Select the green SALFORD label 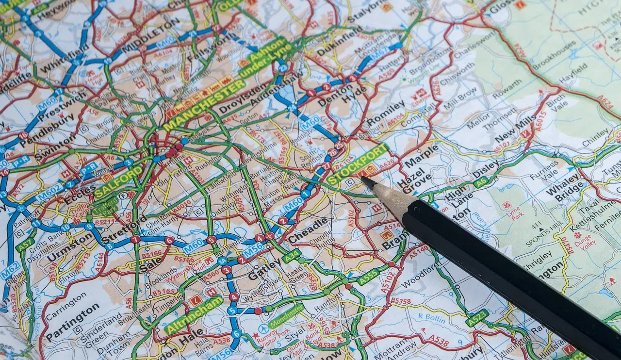coord(118,181)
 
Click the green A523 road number coord(477,318)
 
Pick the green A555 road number coord(368,277)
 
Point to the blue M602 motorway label coord(50,193)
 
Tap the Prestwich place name coord(56,109)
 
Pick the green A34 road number coord(292,256)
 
